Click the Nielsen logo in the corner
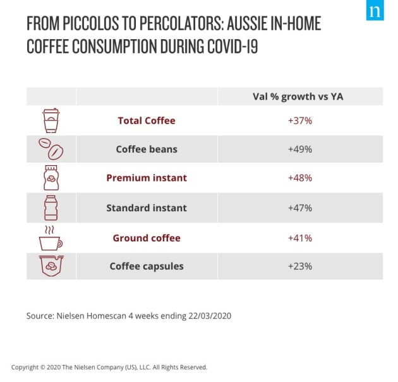(x=375, y=11)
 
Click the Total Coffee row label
(x=147, y=120)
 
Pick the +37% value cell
(x=299, y=120)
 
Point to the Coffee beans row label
(x=147, y=149)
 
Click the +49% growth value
(x=299, y=149)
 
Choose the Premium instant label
(x=147, y=178)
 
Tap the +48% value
(x=299, y=178)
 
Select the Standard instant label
(x=147, y=207)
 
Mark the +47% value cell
(x=299, y=207)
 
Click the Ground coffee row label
(x=147, y=238)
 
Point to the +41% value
(x=299, y=238)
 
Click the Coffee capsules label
(x=147, y=266)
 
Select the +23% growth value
(x=299, y=266)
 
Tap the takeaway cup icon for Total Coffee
(x=51, y=120)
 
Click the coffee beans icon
(x=51, y=149)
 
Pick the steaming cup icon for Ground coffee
(x=51, y=238)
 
